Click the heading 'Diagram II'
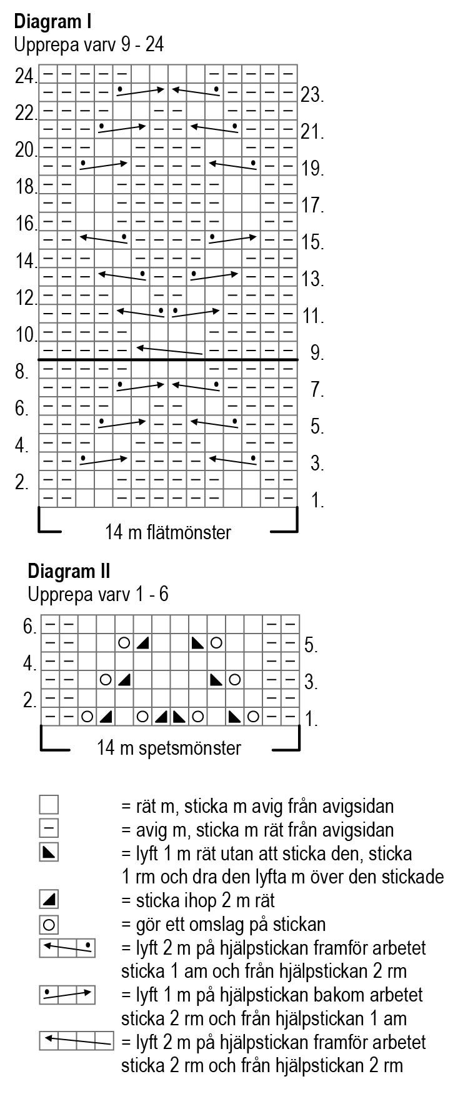pos(69,570)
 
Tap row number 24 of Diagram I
pos(26,77)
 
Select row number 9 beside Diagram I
pos(316,353)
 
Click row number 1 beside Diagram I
pos(317,500)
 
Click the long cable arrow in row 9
pos(169,351)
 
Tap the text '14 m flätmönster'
pos(168,532)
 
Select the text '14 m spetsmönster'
pos(169,748)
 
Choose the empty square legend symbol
pos(49,805)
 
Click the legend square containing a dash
pos(49,829)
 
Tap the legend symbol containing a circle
pos(49,923)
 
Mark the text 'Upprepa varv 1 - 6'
pos(98,594)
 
